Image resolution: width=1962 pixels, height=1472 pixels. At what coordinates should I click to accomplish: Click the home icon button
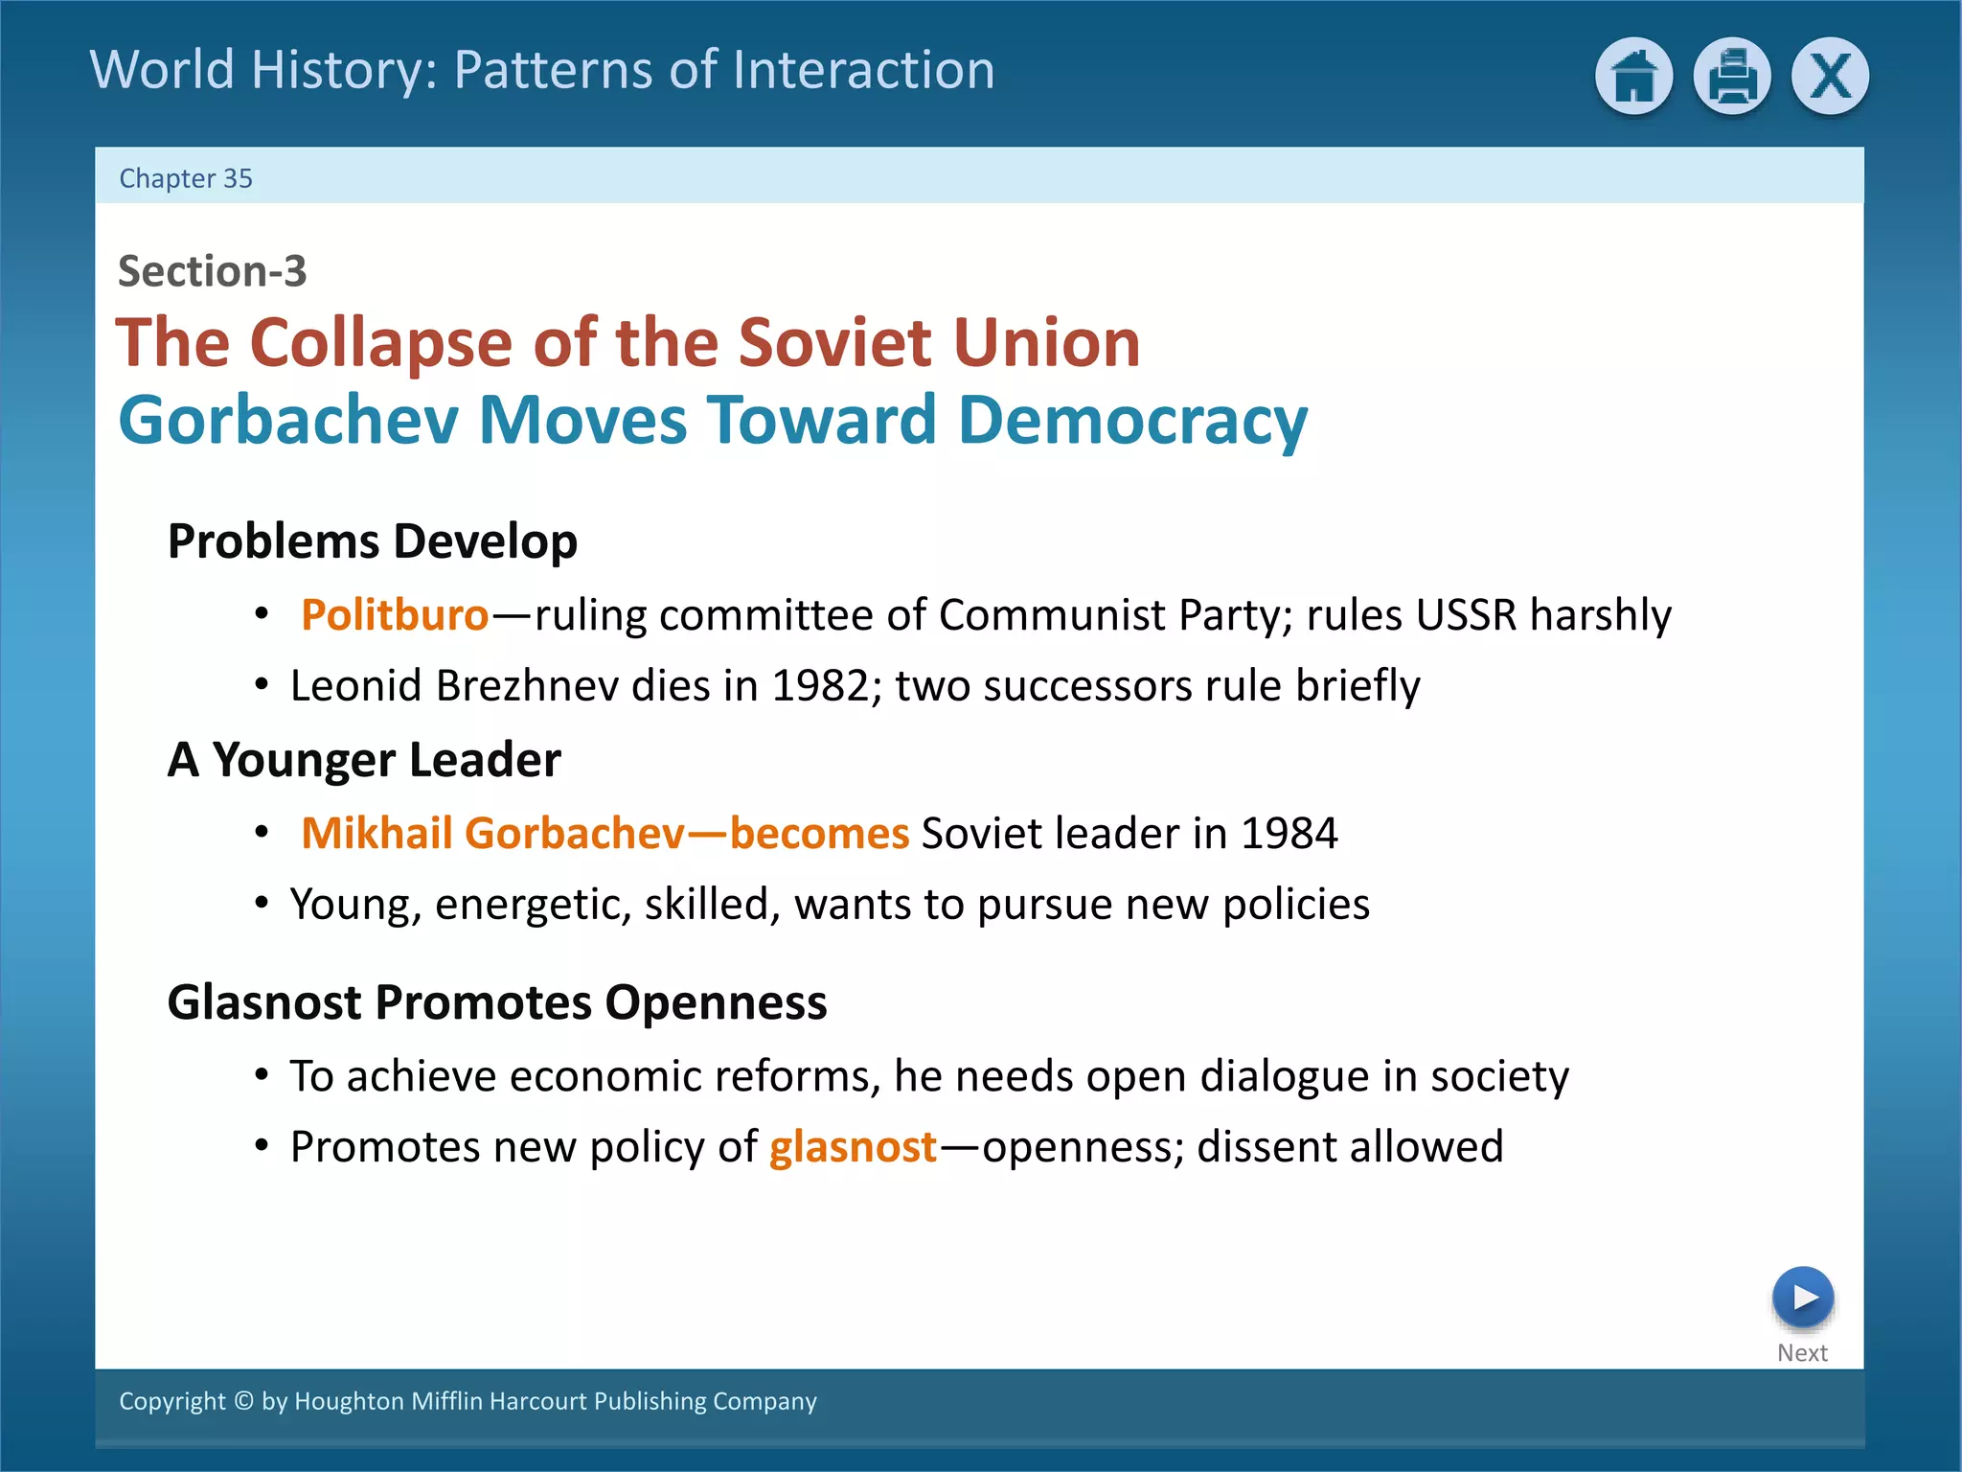pos(1633,76)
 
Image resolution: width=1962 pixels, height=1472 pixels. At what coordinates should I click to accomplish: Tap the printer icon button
pos(1732,76)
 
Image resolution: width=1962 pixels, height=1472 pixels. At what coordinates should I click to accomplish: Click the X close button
pos(1830,76)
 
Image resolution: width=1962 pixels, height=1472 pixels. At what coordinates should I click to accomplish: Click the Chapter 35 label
pos(186,178)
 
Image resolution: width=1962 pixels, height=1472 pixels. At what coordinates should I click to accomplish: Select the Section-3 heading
pos(213,271)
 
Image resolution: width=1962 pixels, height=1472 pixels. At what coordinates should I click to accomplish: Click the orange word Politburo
pos(395,615)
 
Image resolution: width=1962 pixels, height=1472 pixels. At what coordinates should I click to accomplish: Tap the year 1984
pos(1289,834)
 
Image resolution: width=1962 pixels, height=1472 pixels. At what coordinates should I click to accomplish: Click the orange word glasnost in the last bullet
pos(853,1147)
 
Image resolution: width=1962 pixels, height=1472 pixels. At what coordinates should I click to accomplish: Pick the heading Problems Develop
pos(373,541)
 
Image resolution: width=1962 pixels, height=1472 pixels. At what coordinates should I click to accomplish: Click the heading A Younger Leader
pos(364,760)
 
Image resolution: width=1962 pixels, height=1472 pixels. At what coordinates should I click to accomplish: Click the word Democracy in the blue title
pos(1132,422)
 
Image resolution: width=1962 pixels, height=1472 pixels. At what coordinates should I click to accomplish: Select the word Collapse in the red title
pos(381,343)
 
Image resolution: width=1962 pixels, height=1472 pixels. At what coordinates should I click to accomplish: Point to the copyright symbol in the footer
pos(243,1401)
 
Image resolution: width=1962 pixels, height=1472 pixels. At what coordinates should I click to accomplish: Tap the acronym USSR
pos(1466,615)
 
